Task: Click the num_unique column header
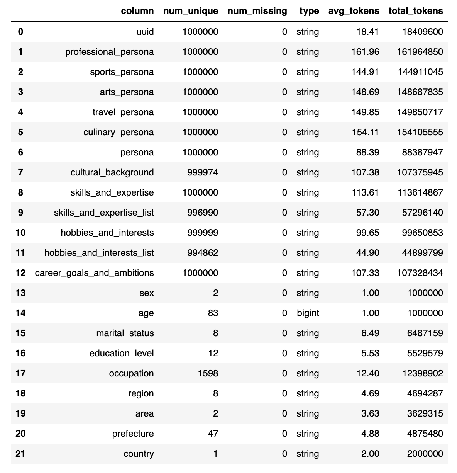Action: coord(186,11)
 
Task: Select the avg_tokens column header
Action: coord(354,11)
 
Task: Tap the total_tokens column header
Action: coord(416,11)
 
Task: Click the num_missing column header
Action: coord(257,11)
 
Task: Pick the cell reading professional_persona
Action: coord(110,52)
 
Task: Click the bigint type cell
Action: coord(308,313)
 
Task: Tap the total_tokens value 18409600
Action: coord(420,32)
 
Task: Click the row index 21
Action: coord(20,454)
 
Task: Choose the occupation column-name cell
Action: coord(131,373)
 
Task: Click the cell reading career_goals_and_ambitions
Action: coord(94,273)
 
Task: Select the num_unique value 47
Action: coord(213,434)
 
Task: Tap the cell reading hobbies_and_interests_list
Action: coord(99,253)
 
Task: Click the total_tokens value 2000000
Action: coord(425,454)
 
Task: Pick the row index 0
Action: coord(20,32)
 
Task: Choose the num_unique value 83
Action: coord(213,313)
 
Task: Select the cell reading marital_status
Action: coord(125,333)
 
